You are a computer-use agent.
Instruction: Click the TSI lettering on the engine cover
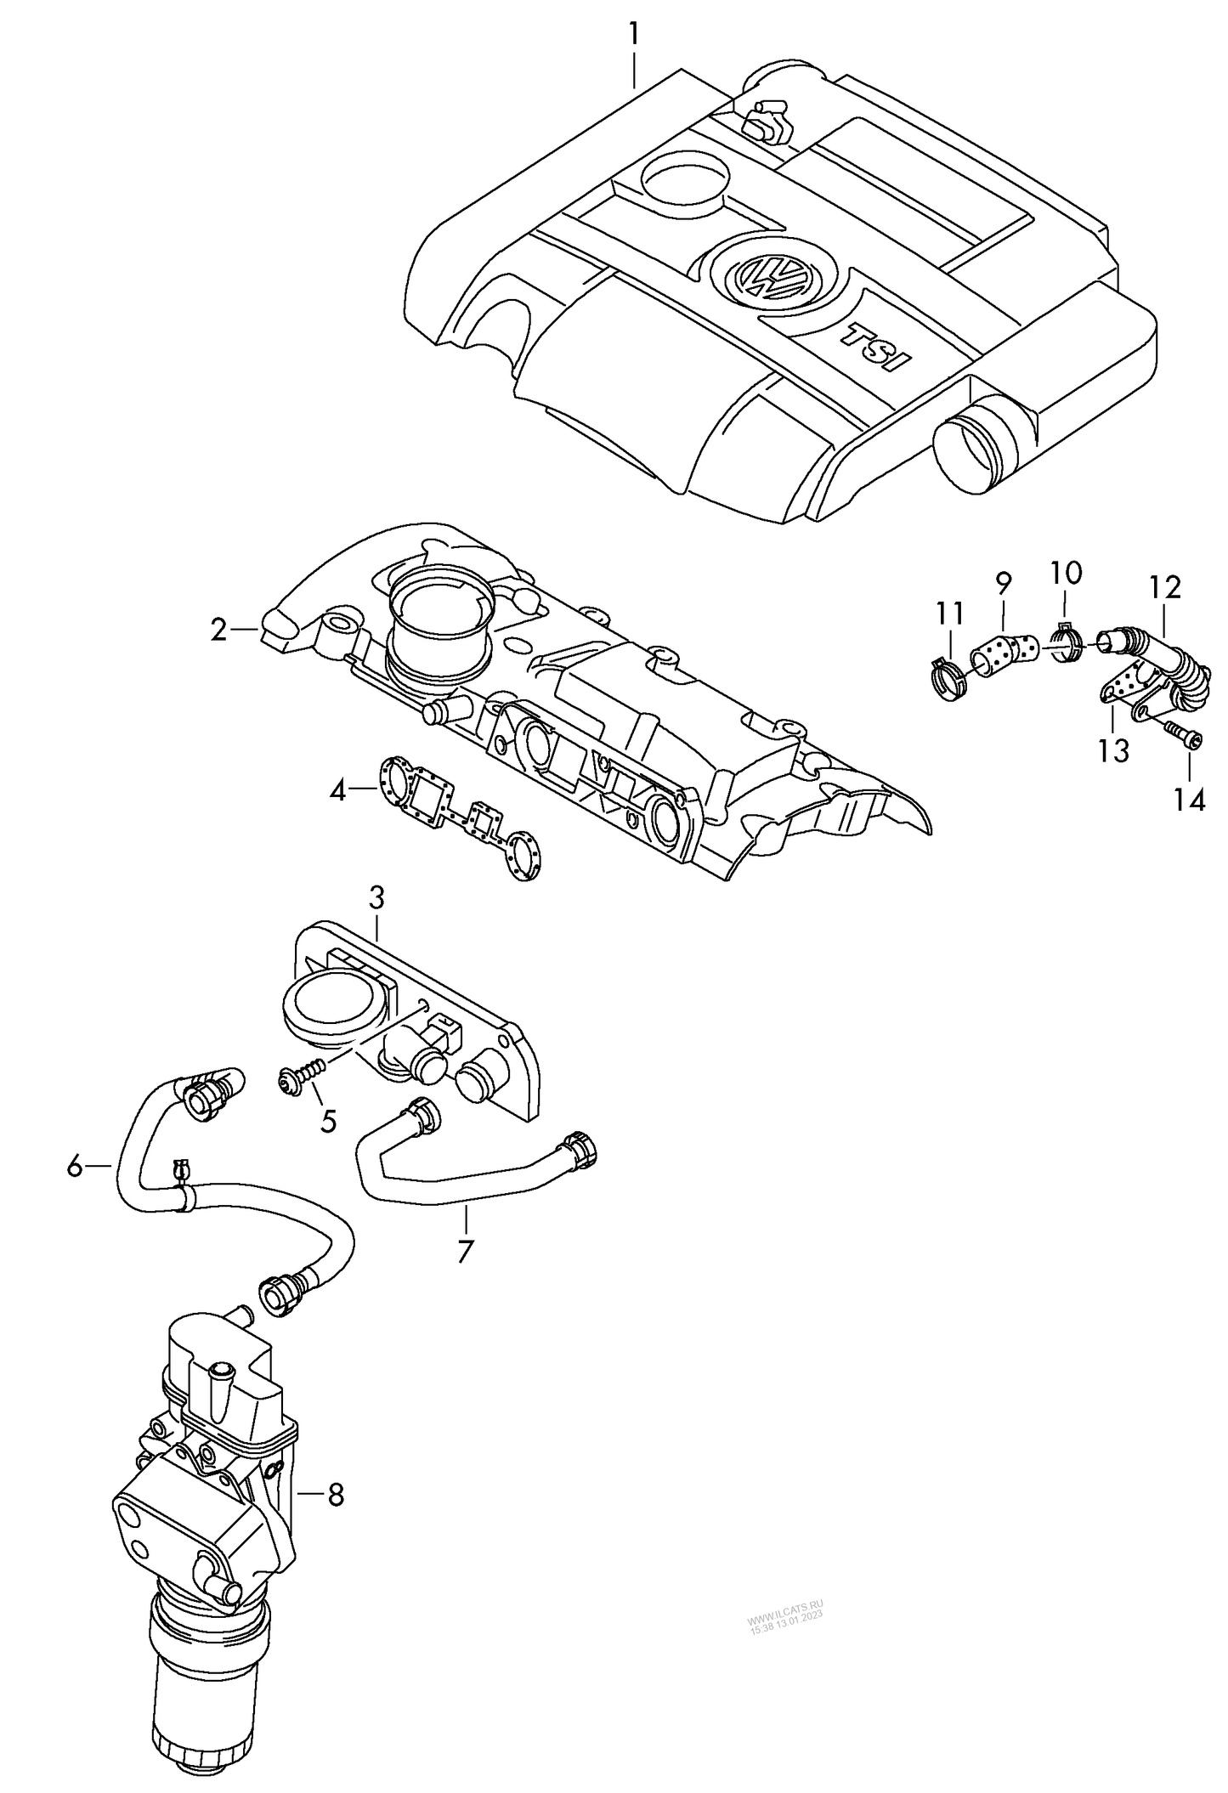point(875,346)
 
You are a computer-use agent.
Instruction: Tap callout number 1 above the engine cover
point(634,35)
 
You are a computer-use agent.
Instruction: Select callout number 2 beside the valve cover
point(219,630)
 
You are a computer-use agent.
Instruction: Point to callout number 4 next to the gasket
point(338,792)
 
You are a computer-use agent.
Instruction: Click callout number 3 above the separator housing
point(376,896)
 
